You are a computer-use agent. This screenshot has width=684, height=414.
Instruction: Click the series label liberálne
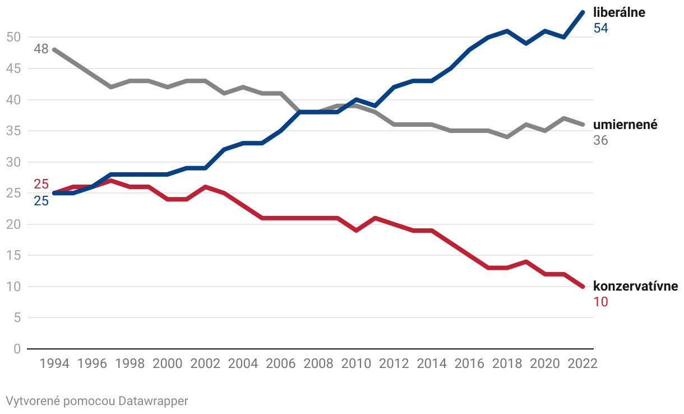pyautogui.click(x=619, y=12)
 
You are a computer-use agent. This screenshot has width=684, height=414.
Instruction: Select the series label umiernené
pyautogui.click(x=625, y=125)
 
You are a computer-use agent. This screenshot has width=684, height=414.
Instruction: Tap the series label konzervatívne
pyautogui.click(x=635, y=287)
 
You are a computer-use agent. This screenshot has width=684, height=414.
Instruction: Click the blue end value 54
pyautogui.click(x=600, y=28)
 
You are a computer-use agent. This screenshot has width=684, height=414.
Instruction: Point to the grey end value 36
pyautogui.click(x=600, y=140)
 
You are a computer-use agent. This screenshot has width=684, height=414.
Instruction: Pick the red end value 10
pyautogui.click(x=600, y=302)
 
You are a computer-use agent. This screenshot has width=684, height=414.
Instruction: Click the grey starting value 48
pyautogui.click(x=41, y=49)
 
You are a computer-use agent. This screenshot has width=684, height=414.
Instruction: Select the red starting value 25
pyautogui.click(x=41, y=184)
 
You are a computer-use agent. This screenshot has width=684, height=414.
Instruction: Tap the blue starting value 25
pyautogui.click(x=41, y=200)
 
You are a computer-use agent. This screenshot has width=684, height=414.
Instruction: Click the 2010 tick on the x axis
pyautogui.click(x=356, y=364)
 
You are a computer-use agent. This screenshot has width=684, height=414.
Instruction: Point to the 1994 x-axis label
pyautogui.click(x=54, y=364)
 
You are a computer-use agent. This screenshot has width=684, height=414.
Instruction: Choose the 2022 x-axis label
pyautogui.click(x=583, y=364)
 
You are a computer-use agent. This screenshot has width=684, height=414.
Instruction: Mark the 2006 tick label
pyautogui.click(x=281, y=364)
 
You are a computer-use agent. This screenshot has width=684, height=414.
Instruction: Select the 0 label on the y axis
pyautogui.click(x=17, y=349)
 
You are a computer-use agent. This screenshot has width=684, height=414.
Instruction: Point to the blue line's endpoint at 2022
pyautogui.click(x=583, y=12)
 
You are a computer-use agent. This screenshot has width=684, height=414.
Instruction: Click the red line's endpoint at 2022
pyautogui.click(x=583, y=287)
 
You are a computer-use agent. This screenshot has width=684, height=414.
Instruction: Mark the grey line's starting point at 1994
pyautogui.click(x=54, y=49)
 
